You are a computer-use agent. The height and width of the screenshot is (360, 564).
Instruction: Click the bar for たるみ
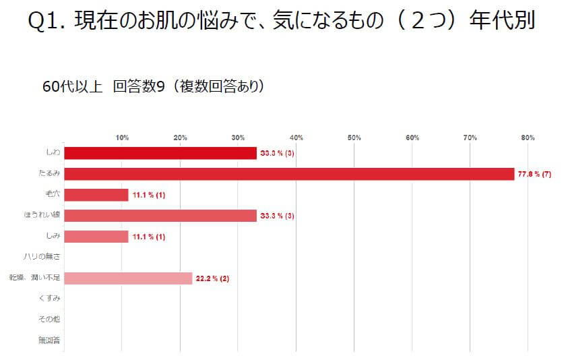[289, 174]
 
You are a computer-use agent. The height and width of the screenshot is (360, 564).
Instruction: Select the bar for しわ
[160, 153]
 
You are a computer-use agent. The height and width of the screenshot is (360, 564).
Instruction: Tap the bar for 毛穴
[96, 195]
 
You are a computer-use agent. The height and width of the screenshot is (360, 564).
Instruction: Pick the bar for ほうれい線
[160, 216]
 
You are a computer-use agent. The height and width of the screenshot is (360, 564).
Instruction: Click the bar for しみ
[96, 237]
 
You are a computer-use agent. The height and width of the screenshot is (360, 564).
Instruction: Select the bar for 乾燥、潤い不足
[128, 278]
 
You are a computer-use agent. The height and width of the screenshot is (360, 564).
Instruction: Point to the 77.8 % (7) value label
[534, 174]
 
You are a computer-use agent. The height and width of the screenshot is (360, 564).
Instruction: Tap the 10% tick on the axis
[123, 138]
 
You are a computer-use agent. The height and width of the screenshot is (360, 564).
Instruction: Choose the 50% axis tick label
[354, 138]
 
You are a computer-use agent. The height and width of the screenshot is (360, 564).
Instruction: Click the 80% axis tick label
[528, 138]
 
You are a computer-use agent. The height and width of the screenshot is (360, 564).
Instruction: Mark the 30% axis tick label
[239, 138]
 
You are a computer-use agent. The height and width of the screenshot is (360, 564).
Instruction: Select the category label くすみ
[50, 299]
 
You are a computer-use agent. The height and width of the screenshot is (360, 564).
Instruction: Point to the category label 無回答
[50, 340]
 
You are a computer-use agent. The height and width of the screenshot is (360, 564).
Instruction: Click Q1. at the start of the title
[48, 22]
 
